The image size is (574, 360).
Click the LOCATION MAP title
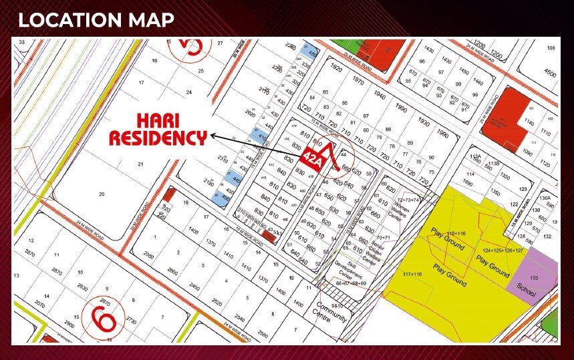coord(96,19)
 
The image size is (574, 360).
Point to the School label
coord(527,291)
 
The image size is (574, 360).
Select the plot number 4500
coord(550,73)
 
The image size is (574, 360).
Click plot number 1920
coord(336,69)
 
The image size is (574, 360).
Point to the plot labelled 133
coord(534,277)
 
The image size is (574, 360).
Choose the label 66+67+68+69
coord(350,283)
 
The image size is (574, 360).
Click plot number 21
coord(141,164)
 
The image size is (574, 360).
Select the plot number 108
coord(551,48)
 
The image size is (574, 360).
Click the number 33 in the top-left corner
coord(22,42)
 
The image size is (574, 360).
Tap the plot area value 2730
coord(130,321)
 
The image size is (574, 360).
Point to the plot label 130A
coord(545,198)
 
